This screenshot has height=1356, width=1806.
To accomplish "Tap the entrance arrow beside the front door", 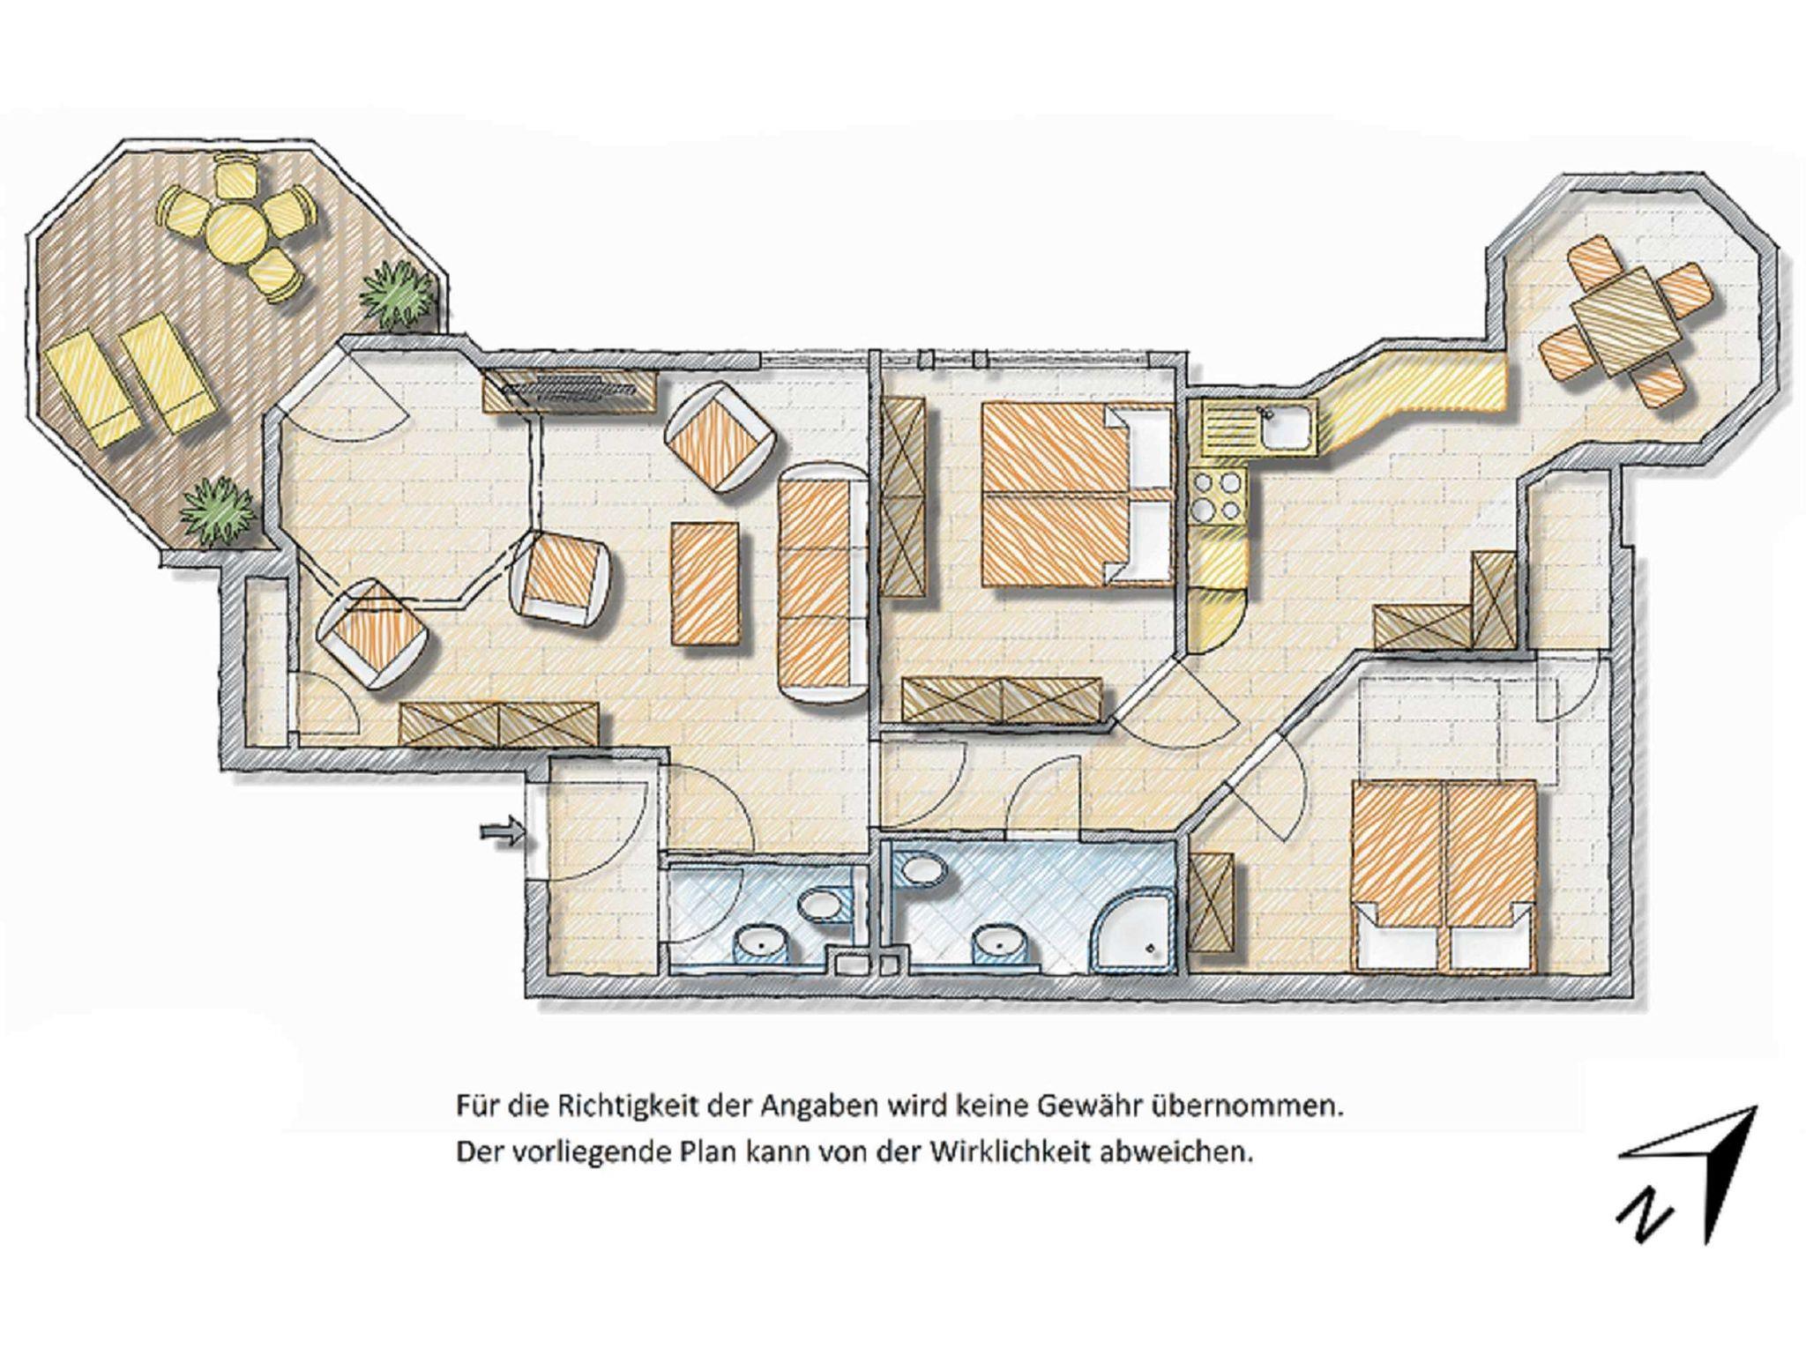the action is (x=503, y=831).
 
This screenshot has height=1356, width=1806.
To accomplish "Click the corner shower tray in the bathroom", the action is (x=1135, y=936).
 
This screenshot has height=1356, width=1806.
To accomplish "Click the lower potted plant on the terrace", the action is (x=217, y=510).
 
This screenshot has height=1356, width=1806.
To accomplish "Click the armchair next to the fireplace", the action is (x=720, y=437).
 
